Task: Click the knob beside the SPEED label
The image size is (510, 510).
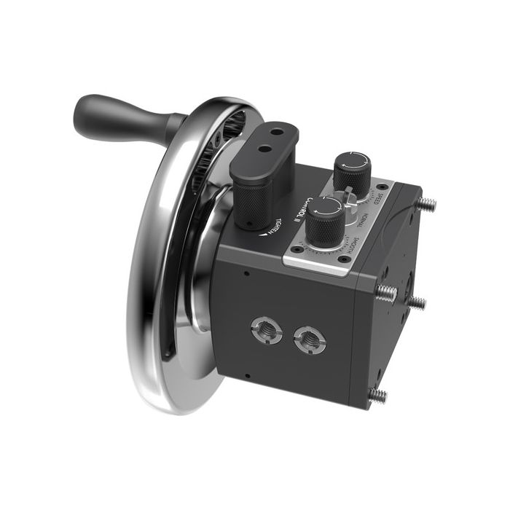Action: pos(351,170)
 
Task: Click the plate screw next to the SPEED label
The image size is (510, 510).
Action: pos(382,188)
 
